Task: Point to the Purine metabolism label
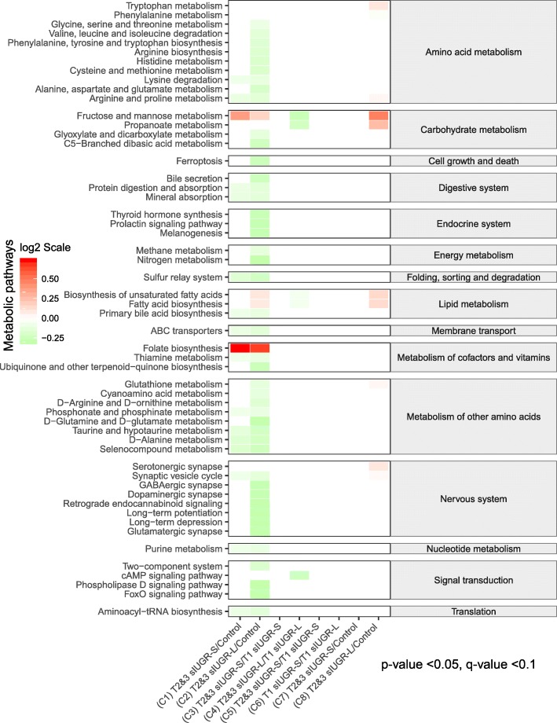click(185, 549)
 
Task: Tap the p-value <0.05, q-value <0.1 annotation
click(459, 665)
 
